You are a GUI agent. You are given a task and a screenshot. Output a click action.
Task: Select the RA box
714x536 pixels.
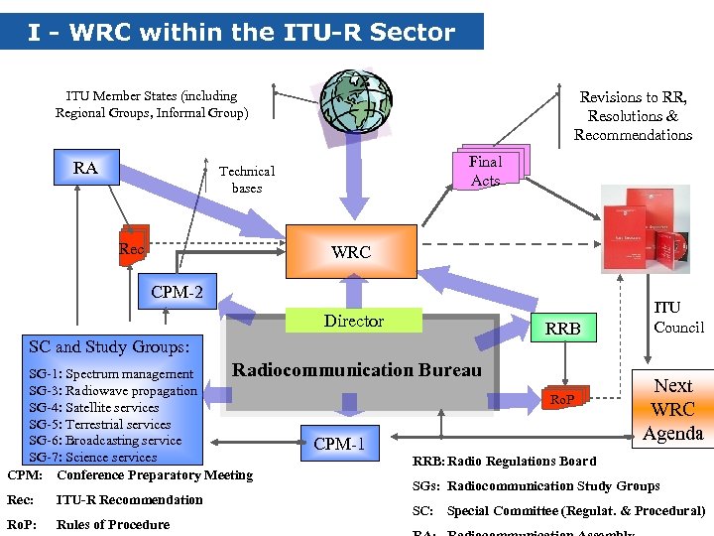86,168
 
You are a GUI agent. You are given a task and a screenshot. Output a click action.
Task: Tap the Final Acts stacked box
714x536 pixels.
486,171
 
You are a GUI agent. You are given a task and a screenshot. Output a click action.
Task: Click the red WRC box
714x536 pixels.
351,252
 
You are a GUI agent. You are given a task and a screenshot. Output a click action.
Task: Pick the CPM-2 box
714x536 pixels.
177,293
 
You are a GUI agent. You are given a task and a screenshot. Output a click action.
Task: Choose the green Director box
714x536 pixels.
354,321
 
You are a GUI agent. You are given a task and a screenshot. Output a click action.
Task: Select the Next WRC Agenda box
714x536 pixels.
672,409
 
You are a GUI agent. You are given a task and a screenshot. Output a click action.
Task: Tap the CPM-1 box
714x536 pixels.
340,444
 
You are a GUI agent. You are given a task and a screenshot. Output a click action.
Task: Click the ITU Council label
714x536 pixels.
679,319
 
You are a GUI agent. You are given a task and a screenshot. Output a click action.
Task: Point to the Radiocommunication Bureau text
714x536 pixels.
356,370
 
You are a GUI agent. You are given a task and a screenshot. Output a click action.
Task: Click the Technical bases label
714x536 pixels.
247,180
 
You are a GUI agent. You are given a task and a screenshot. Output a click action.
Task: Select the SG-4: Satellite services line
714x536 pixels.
94,408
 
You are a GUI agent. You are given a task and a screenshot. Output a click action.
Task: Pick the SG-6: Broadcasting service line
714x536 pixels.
105,441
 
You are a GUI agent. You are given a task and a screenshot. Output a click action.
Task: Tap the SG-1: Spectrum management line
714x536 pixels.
111,374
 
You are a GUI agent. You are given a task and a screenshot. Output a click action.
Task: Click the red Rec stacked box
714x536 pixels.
133,248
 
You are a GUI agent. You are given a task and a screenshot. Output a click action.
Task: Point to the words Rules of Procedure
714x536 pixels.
113,524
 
